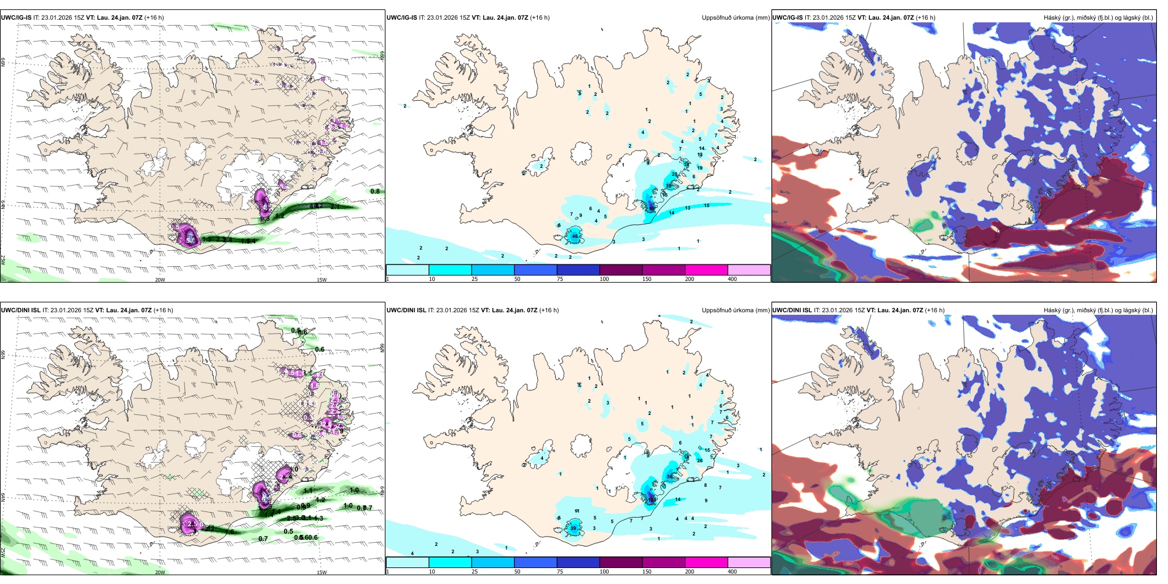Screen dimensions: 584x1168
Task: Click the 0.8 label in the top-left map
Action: [374, 191]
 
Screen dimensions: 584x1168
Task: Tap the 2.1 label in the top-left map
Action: [335, 207]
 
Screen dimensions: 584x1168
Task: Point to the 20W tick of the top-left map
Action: [160, 280]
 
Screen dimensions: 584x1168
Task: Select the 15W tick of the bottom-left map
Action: [322, 572]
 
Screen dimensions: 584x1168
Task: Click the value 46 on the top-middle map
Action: [575, 236]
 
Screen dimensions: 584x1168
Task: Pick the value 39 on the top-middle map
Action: [668, 186]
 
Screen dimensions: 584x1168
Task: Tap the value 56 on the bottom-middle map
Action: [669, 476]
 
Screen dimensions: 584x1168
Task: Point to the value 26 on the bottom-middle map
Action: [700, 460]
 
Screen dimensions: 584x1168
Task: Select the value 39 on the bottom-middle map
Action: [574, 528]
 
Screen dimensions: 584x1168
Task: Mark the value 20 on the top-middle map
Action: [674, 175]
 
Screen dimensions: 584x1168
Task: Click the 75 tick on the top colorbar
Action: [560, 279]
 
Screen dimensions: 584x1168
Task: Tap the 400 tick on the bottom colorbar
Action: [732, 572]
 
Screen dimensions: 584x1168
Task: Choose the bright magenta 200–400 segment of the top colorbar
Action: [706, 270]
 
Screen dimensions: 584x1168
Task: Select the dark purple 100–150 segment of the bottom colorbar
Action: [621, 562]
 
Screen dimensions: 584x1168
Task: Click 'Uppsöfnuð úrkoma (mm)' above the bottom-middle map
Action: [735, 310]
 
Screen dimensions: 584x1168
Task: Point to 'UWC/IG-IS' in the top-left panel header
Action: [16, 18]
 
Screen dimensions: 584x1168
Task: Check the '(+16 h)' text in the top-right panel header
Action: [925, 18]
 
